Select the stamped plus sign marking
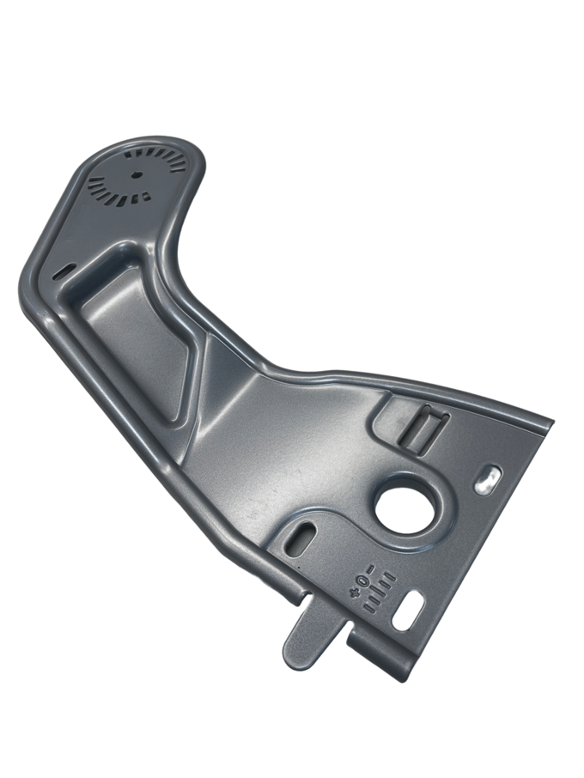point(355,593)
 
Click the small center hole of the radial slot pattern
point(135,174)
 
